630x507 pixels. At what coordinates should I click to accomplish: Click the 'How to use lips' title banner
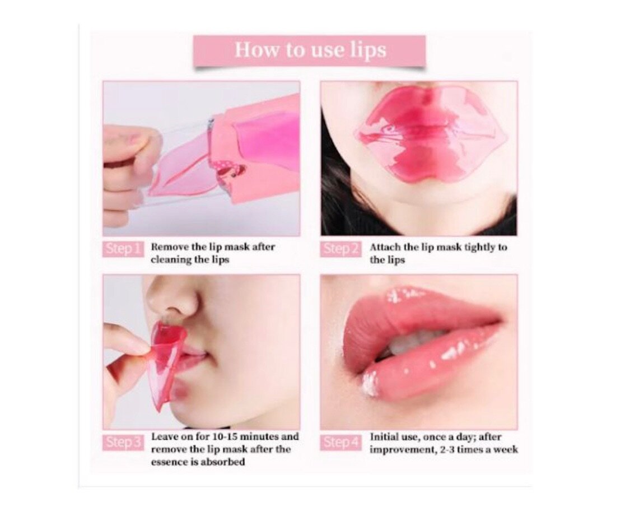(x=309, y=50)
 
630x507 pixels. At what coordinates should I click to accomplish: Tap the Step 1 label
(x=123, y=249)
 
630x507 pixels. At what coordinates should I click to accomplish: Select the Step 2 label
(x=340, y=249)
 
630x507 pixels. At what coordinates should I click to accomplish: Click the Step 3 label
(x=123, y=442)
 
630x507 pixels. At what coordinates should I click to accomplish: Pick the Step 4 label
(x=340, y=442)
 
